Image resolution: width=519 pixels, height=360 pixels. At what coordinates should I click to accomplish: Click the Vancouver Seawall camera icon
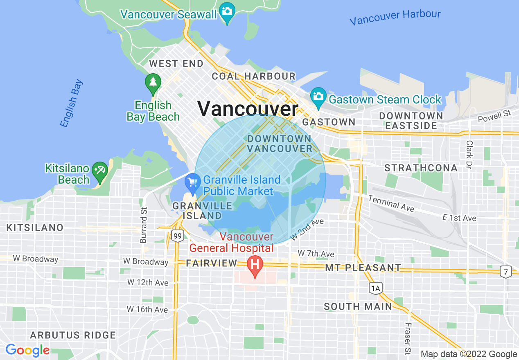point(227,10)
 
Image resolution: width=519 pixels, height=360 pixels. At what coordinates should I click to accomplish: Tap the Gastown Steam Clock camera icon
point(318,96)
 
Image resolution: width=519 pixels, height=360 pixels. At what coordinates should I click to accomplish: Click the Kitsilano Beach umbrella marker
point(99,170)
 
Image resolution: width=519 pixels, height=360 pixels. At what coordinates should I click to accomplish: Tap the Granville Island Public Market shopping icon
point(192,182)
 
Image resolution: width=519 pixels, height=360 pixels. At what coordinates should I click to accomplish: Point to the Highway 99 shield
point(177,236)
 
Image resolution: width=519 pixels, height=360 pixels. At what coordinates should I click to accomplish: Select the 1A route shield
point(375,288)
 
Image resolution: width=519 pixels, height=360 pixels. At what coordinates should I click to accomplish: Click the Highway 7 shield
point(506,271)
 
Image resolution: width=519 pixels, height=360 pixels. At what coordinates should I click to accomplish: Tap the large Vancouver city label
point(248,109)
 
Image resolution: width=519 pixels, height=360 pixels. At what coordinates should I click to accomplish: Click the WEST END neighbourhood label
point(176,64)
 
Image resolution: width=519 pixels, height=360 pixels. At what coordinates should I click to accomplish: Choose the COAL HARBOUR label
point(253,76)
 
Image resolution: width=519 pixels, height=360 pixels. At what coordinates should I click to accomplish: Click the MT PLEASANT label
point(363,268)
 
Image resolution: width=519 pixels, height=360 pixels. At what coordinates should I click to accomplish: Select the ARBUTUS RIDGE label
point(73,335)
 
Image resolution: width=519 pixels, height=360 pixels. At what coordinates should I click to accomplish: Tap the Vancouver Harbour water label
point(395,17)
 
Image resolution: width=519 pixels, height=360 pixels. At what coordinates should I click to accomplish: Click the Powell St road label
point(495,116)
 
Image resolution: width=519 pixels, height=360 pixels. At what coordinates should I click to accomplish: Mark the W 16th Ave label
point(147,309)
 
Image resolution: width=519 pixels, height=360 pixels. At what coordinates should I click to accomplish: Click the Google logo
point(27,351)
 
